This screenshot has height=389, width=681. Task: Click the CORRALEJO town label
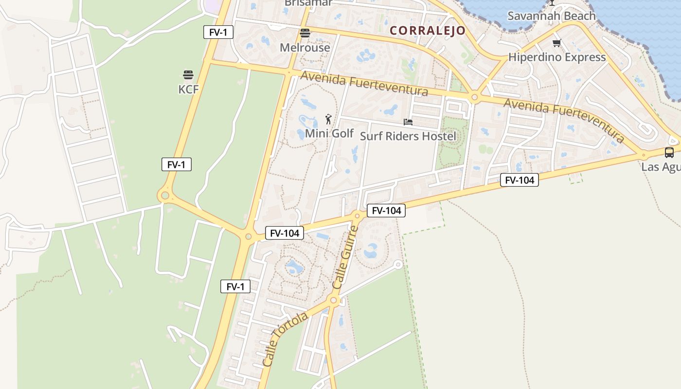pyautogui.click(x=428, y=31)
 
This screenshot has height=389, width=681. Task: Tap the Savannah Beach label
pyautogui.click(x=551, y=16)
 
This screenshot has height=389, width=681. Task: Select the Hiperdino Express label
pyautogui.click(x=557, y=57)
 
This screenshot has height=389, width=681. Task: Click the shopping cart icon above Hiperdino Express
pyautogui.click(x=557, y=43)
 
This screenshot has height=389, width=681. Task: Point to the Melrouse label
pyautogui.click(x=305, y=48)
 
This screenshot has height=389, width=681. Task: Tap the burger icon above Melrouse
pyautogui.click(x=305, y=33)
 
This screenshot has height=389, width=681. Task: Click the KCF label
pyautogui.click(x=188, y=89)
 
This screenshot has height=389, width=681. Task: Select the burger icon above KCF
pyautogui.click(x=188, y=75)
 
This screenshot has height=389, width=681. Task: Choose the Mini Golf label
pyautogui.click(x=329, y=133)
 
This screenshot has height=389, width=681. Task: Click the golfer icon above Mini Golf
pyautogui.click(x=329, y=119)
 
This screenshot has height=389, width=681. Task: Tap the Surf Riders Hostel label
pyautogui.click(x=408, y=136)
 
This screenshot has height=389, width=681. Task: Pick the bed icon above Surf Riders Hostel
pyautogui.click(x=408, y=122)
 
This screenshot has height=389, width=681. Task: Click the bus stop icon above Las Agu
pyautogui.click(x=669, y=153)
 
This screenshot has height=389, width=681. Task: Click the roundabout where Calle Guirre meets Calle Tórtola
pyautogui.click(x=333, y=301)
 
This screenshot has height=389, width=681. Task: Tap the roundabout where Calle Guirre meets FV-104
pyautogui.click(x=357, y=215)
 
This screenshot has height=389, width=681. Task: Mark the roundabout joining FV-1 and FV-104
pyautogui.click(x=248, y=237)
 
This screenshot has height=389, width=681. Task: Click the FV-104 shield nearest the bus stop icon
pyautogui.click(x=520, y=180)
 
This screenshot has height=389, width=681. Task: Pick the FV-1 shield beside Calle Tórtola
pyautogui.click(x=235, y=287)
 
